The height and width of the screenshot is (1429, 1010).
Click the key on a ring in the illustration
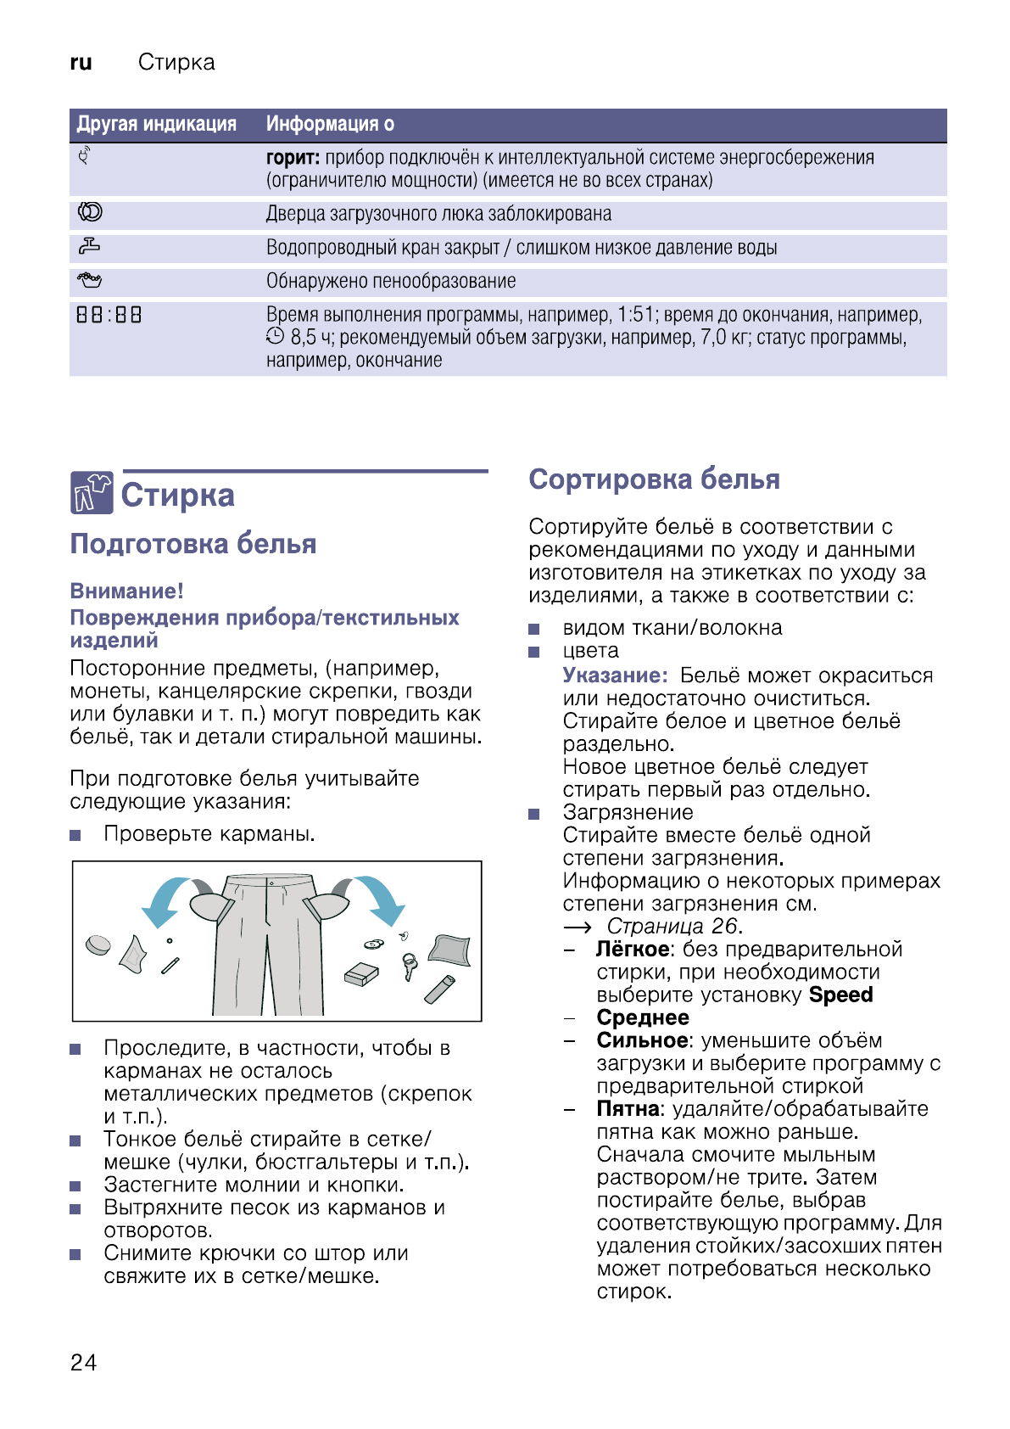(x=410, y=966)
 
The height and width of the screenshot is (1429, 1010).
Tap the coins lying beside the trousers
(x=374, y=944)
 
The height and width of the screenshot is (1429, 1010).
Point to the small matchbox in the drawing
(x=361, y=974)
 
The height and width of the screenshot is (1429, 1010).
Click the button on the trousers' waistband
(x=271, y=883)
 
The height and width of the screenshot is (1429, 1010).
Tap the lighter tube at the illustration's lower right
(x=440, y=989)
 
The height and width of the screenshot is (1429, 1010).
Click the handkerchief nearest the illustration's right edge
(x=449, y=950)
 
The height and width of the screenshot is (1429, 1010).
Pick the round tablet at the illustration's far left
(x=98, y=944)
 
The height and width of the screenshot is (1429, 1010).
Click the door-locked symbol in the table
(x=90, y=212)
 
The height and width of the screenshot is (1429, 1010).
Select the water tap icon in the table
(x=89, y=246)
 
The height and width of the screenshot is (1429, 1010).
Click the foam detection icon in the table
(x=89, y=279)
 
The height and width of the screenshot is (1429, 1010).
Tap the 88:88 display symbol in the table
(x=109, y=315)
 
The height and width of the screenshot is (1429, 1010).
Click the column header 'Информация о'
(x=330, y=124)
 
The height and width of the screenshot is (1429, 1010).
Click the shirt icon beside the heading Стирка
(x=92, y=493)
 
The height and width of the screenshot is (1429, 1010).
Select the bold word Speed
(x=840, y=995)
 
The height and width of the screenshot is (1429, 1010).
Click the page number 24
(x=83, y=1362)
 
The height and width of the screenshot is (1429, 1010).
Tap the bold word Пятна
(x=628, y=1108)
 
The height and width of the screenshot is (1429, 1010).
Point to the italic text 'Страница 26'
(x=674, y=926)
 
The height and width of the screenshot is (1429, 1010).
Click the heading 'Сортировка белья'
(x=654, y=479)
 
